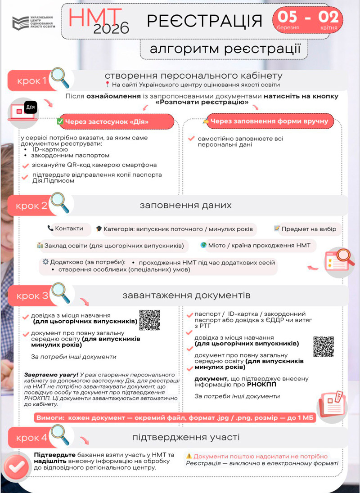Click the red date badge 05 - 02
tap(307, 20)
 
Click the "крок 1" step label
tap(32, 81)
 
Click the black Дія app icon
tap(30, 108)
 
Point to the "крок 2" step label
tap(31, 206)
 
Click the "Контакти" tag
tap(66, 229)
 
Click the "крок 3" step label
tap(32, 296)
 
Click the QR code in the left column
tap(150, 320)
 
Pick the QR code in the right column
tap(324, 346)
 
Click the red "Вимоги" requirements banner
tap(175, 418)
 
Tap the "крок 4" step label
tap(31, 438)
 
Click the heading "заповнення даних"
tap(185, 206)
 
